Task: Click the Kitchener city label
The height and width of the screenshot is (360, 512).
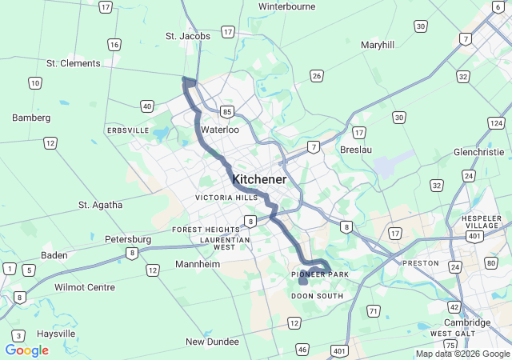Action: [259, 180]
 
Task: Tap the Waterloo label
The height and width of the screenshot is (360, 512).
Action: [220, 129]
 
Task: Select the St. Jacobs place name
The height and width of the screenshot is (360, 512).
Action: [188, 36]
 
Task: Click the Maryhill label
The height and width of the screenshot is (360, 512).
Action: [378, 45]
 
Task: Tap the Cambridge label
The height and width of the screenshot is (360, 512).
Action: [467, 322]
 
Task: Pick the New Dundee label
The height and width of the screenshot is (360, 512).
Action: [212, 342]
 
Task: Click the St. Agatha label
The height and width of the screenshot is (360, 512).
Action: [101, 205]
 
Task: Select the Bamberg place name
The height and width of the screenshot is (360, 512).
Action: [31, 118]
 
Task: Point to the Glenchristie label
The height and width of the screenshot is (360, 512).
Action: [478, 152]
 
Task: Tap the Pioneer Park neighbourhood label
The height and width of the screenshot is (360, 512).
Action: [320, 275]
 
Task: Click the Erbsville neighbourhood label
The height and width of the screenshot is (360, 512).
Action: [127, 130]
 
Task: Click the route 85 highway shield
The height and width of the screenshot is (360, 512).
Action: [228, 112]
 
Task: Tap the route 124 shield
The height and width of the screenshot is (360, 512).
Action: [496, 123]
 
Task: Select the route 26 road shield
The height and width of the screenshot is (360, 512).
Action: [317, 76]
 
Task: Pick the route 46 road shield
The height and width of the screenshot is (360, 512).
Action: [302, 349]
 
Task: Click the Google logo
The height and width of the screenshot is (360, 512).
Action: [26, 350]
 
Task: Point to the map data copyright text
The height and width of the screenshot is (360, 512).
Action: [462, 354]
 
